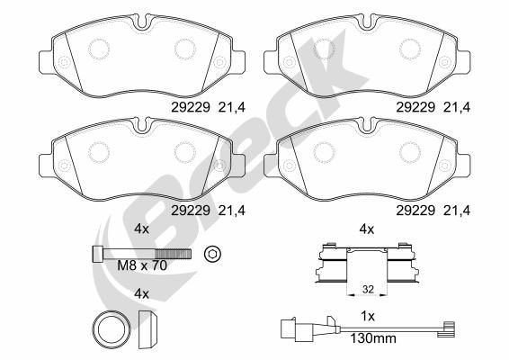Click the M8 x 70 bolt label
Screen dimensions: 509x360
click(142, 265)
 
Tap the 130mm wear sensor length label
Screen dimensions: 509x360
click(373, 338)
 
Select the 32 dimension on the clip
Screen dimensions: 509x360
click(368, 289)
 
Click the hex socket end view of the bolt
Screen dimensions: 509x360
click(212, 254)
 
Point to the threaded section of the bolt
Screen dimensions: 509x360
click(173, 254)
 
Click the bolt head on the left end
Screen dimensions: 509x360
click(97, 254)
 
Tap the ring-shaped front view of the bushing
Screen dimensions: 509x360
click(112, 329)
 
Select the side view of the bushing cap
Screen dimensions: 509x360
click(148, 329)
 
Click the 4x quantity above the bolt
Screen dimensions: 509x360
click(141, 229)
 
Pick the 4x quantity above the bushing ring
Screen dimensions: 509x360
click(141, 294)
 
